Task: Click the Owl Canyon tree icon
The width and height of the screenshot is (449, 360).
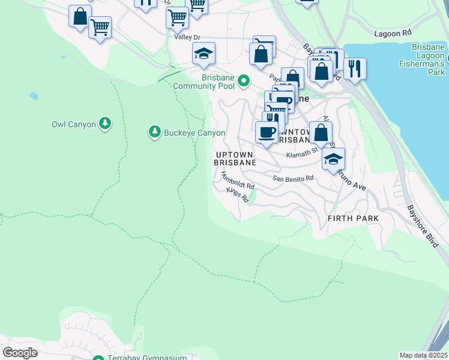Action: [106, 124]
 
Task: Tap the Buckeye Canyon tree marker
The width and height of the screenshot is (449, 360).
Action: [155, 131]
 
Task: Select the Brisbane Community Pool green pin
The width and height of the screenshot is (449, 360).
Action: [244, 80]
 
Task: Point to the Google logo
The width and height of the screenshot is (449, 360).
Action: [20, 352]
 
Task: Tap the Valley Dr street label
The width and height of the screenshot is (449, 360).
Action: [187, 37]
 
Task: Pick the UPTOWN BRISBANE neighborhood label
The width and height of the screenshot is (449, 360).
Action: [235, 158]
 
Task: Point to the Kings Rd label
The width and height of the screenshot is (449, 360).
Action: [238, 195]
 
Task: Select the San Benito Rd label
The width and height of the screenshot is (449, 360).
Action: [294, 178]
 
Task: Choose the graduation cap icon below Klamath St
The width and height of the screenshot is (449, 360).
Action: [333, 158]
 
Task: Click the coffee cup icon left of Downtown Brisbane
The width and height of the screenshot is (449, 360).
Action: [267, 131]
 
